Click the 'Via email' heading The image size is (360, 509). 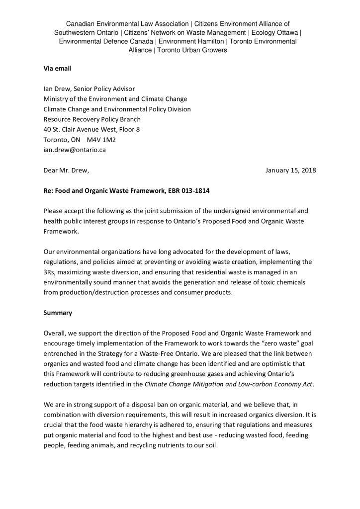coord(58,69)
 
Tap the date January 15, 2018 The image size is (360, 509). coord(290,170)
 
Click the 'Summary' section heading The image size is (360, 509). coord(58,313)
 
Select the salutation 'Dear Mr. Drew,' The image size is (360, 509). coord(67,170)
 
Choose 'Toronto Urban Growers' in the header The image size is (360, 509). coord(192,50)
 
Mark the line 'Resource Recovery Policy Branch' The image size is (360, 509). coord(92,119)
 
